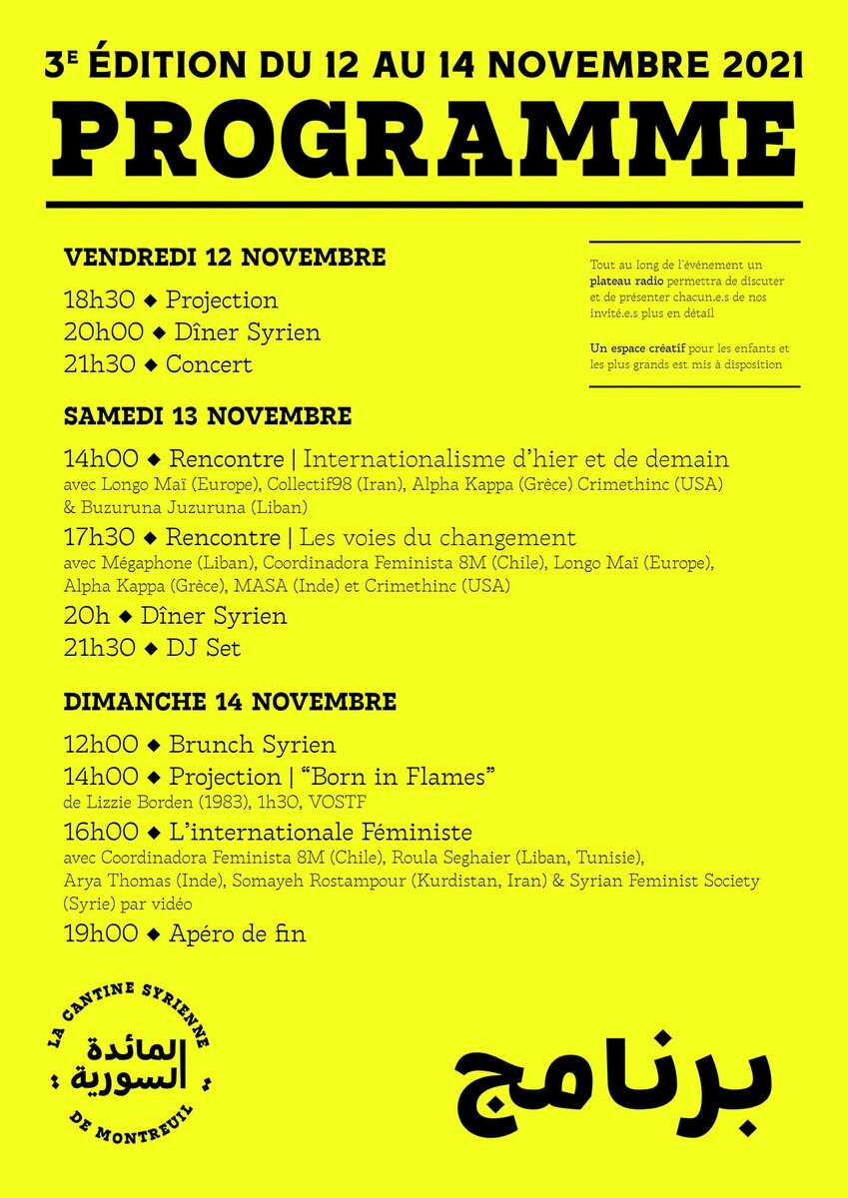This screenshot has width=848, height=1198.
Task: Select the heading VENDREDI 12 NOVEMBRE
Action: (225, 258)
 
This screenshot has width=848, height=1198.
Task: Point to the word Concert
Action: (209, 364)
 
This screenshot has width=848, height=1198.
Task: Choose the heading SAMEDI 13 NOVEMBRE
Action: (208, 415)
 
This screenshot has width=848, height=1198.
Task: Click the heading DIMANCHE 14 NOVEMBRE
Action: (230, 702)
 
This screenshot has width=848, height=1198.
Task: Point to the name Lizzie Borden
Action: (130, 801)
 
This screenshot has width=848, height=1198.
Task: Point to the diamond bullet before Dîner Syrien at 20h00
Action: (151, 333)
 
